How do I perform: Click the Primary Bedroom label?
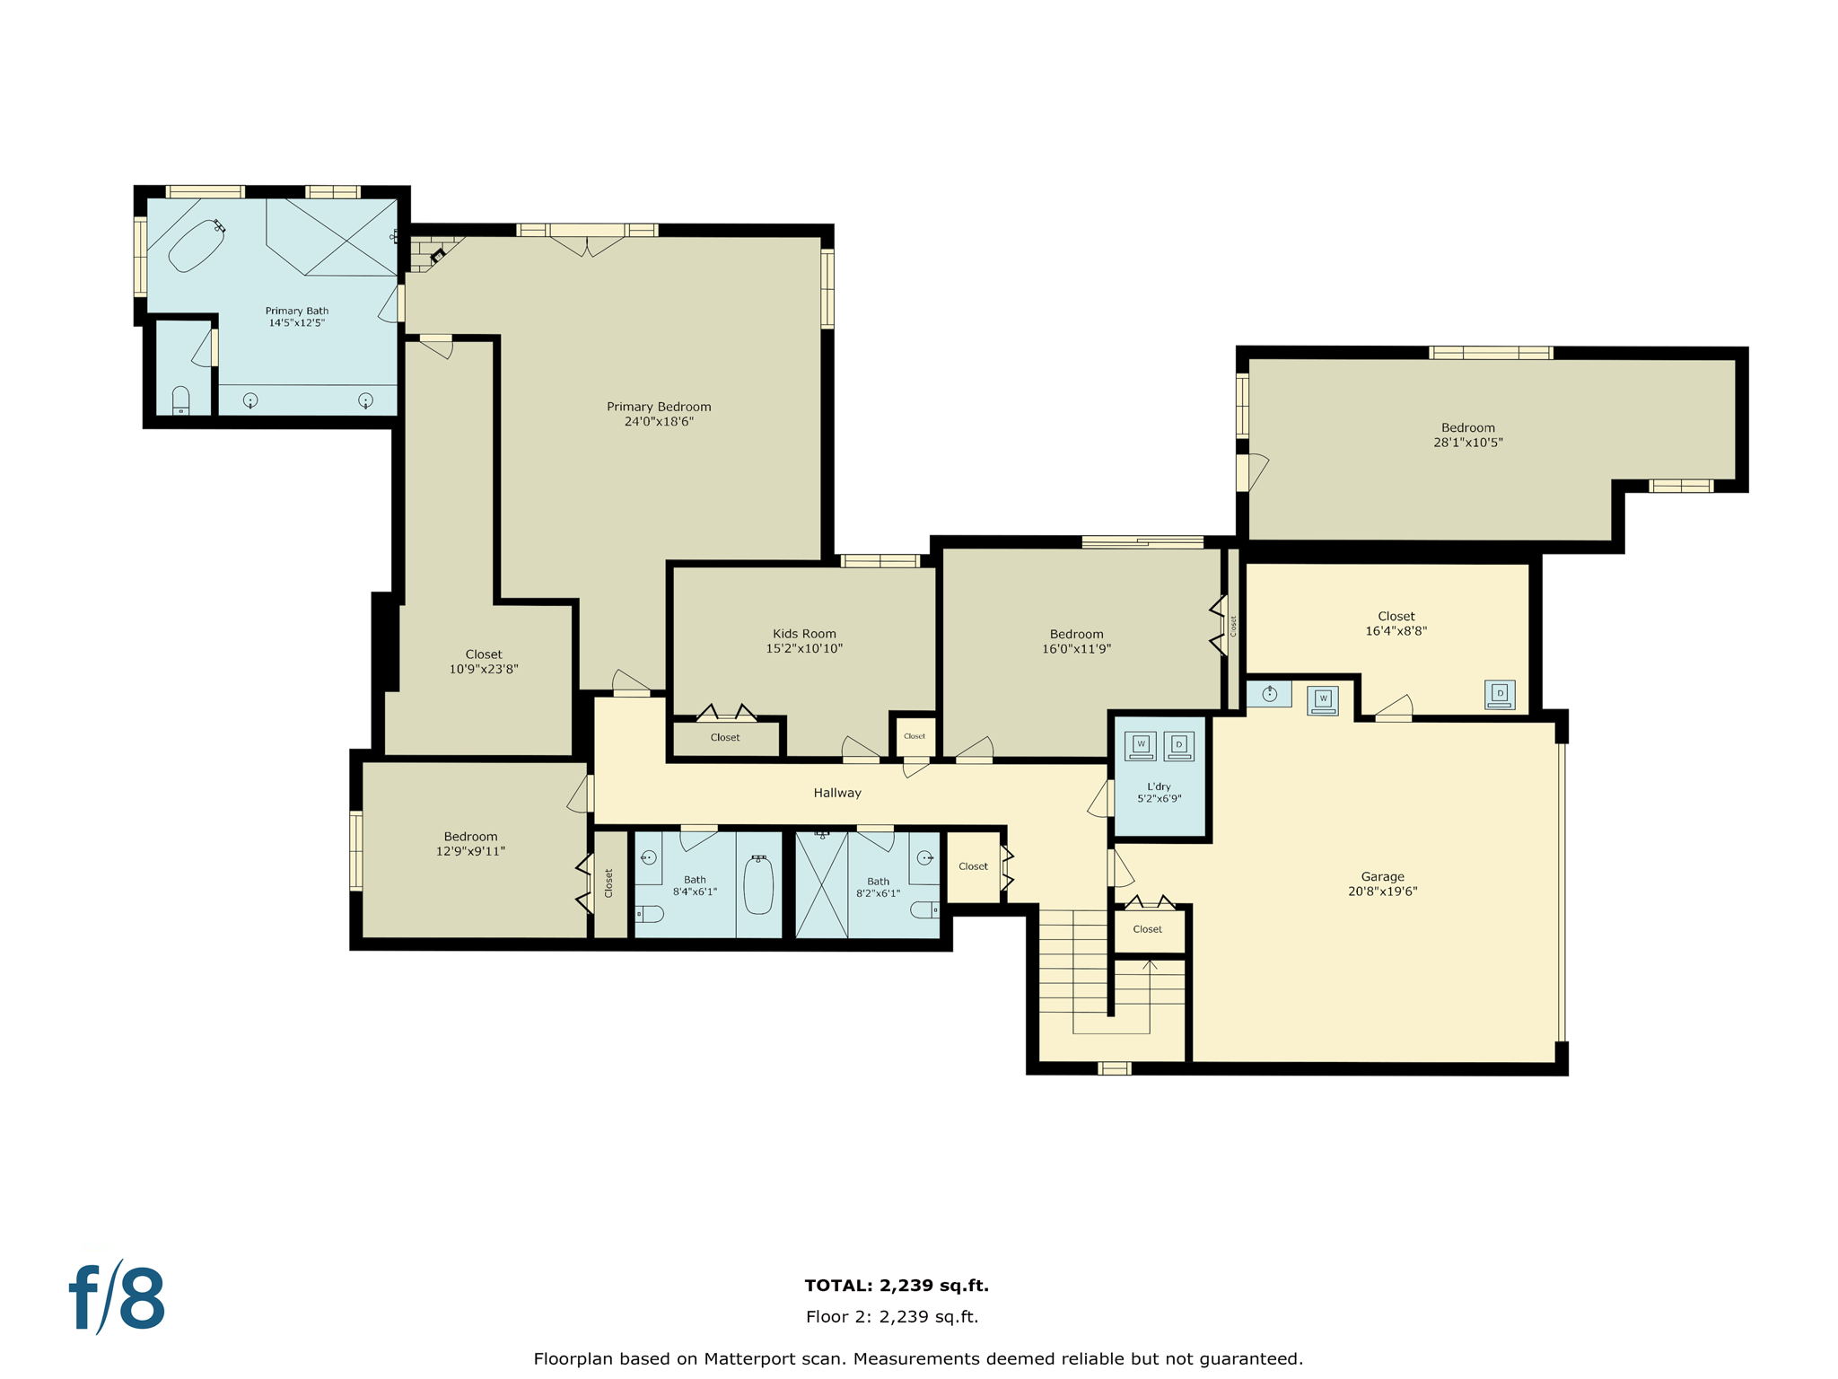659,407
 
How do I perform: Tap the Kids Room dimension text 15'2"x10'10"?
804,648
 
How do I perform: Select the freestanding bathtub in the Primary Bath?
197,245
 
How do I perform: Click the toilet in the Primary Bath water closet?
180,400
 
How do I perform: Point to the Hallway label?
837,793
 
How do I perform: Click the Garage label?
1382,876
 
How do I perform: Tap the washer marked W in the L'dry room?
1141,746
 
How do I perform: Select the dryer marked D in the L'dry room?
1179,746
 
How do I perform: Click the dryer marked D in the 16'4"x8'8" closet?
1500,695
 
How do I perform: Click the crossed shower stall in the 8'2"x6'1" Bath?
821,885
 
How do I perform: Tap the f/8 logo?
118,1298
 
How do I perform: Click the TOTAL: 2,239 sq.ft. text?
896,1286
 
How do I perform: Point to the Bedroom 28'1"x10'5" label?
1468,428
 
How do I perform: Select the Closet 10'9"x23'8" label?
484,654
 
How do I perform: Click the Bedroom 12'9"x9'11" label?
470,837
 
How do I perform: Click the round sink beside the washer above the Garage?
1269,694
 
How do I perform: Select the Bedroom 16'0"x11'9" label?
1076,634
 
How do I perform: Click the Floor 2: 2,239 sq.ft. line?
892,1317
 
